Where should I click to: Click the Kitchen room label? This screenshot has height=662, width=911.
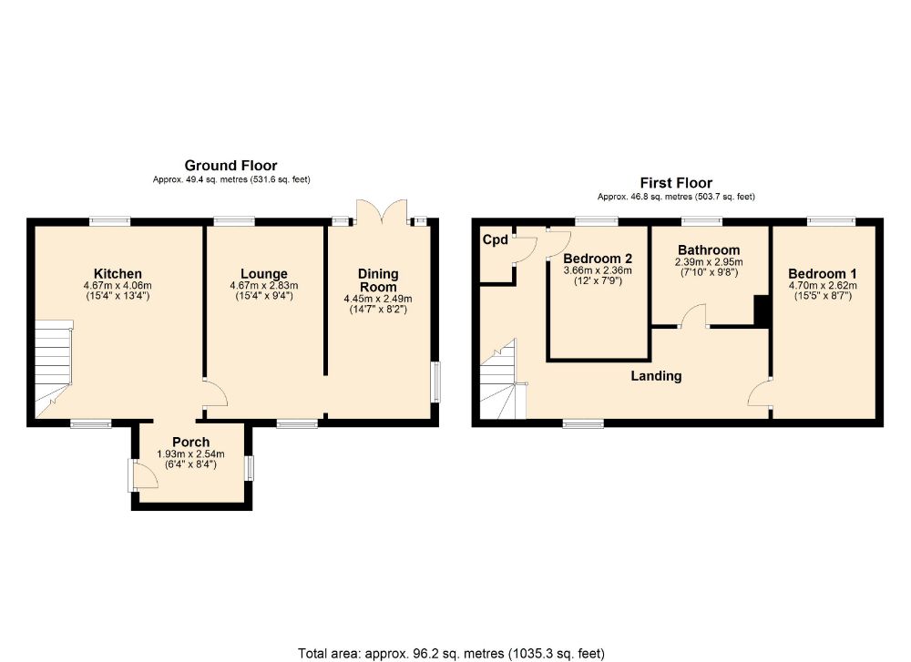(x=118, y=273)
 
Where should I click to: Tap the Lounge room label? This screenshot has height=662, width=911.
(x=264, y=273)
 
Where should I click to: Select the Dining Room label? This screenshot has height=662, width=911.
(x=378, y=280)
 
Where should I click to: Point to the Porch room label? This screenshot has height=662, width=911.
(x=190, y=443)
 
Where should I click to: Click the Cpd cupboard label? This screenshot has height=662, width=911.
(x=495, y=240)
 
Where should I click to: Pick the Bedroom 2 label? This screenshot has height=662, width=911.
(x=597, y=258)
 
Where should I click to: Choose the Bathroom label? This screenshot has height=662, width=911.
(x=709, y=250)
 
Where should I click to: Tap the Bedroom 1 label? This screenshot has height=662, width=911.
(x=823, y=274)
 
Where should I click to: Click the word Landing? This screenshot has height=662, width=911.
(x=657, y=375)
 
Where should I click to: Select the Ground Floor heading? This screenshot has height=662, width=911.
(x=230, y=166)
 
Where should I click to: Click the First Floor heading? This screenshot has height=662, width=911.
(x=676, y=183)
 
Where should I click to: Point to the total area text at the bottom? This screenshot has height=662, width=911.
(x=451, y=653)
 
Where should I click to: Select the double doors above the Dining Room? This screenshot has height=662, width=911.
(x=381, y=214)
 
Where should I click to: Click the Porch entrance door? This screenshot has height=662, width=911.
(x=139, y=474)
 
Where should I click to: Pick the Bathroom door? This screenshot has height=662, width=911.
(x=694, y=316)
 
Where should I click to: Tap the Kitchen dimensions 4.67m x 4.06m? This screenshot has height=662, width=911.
(x=118, y=285)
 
